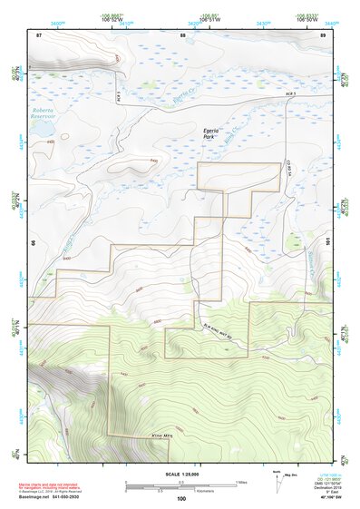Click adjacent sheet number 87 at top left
click(39, 34)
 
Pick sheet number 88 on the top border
click(182, 34)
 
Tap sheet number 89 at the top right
click(324, 34)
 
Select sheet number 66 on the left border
click(33, 242)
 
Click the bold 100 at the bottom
click(181, 498)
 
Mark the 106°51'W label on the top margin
click(210, 19)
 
